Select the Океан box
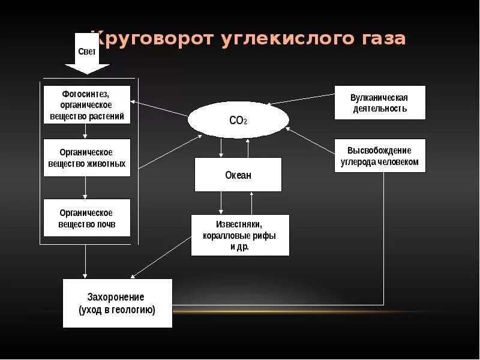click(x=238, y=175)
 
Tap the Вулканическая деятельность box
click(x=379, y=103)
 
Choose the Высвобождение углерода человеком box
click(x=379, y=156)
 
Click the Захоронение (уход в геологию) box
click(x=117, y=303)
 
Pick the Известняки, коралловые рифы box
click(x=239, y=235)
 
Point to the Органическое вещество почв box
click(x=86, y=218)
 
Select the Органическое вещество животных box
click(x=86, y=158)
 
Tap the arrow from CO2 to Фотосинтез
click(x=159, y=108)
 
